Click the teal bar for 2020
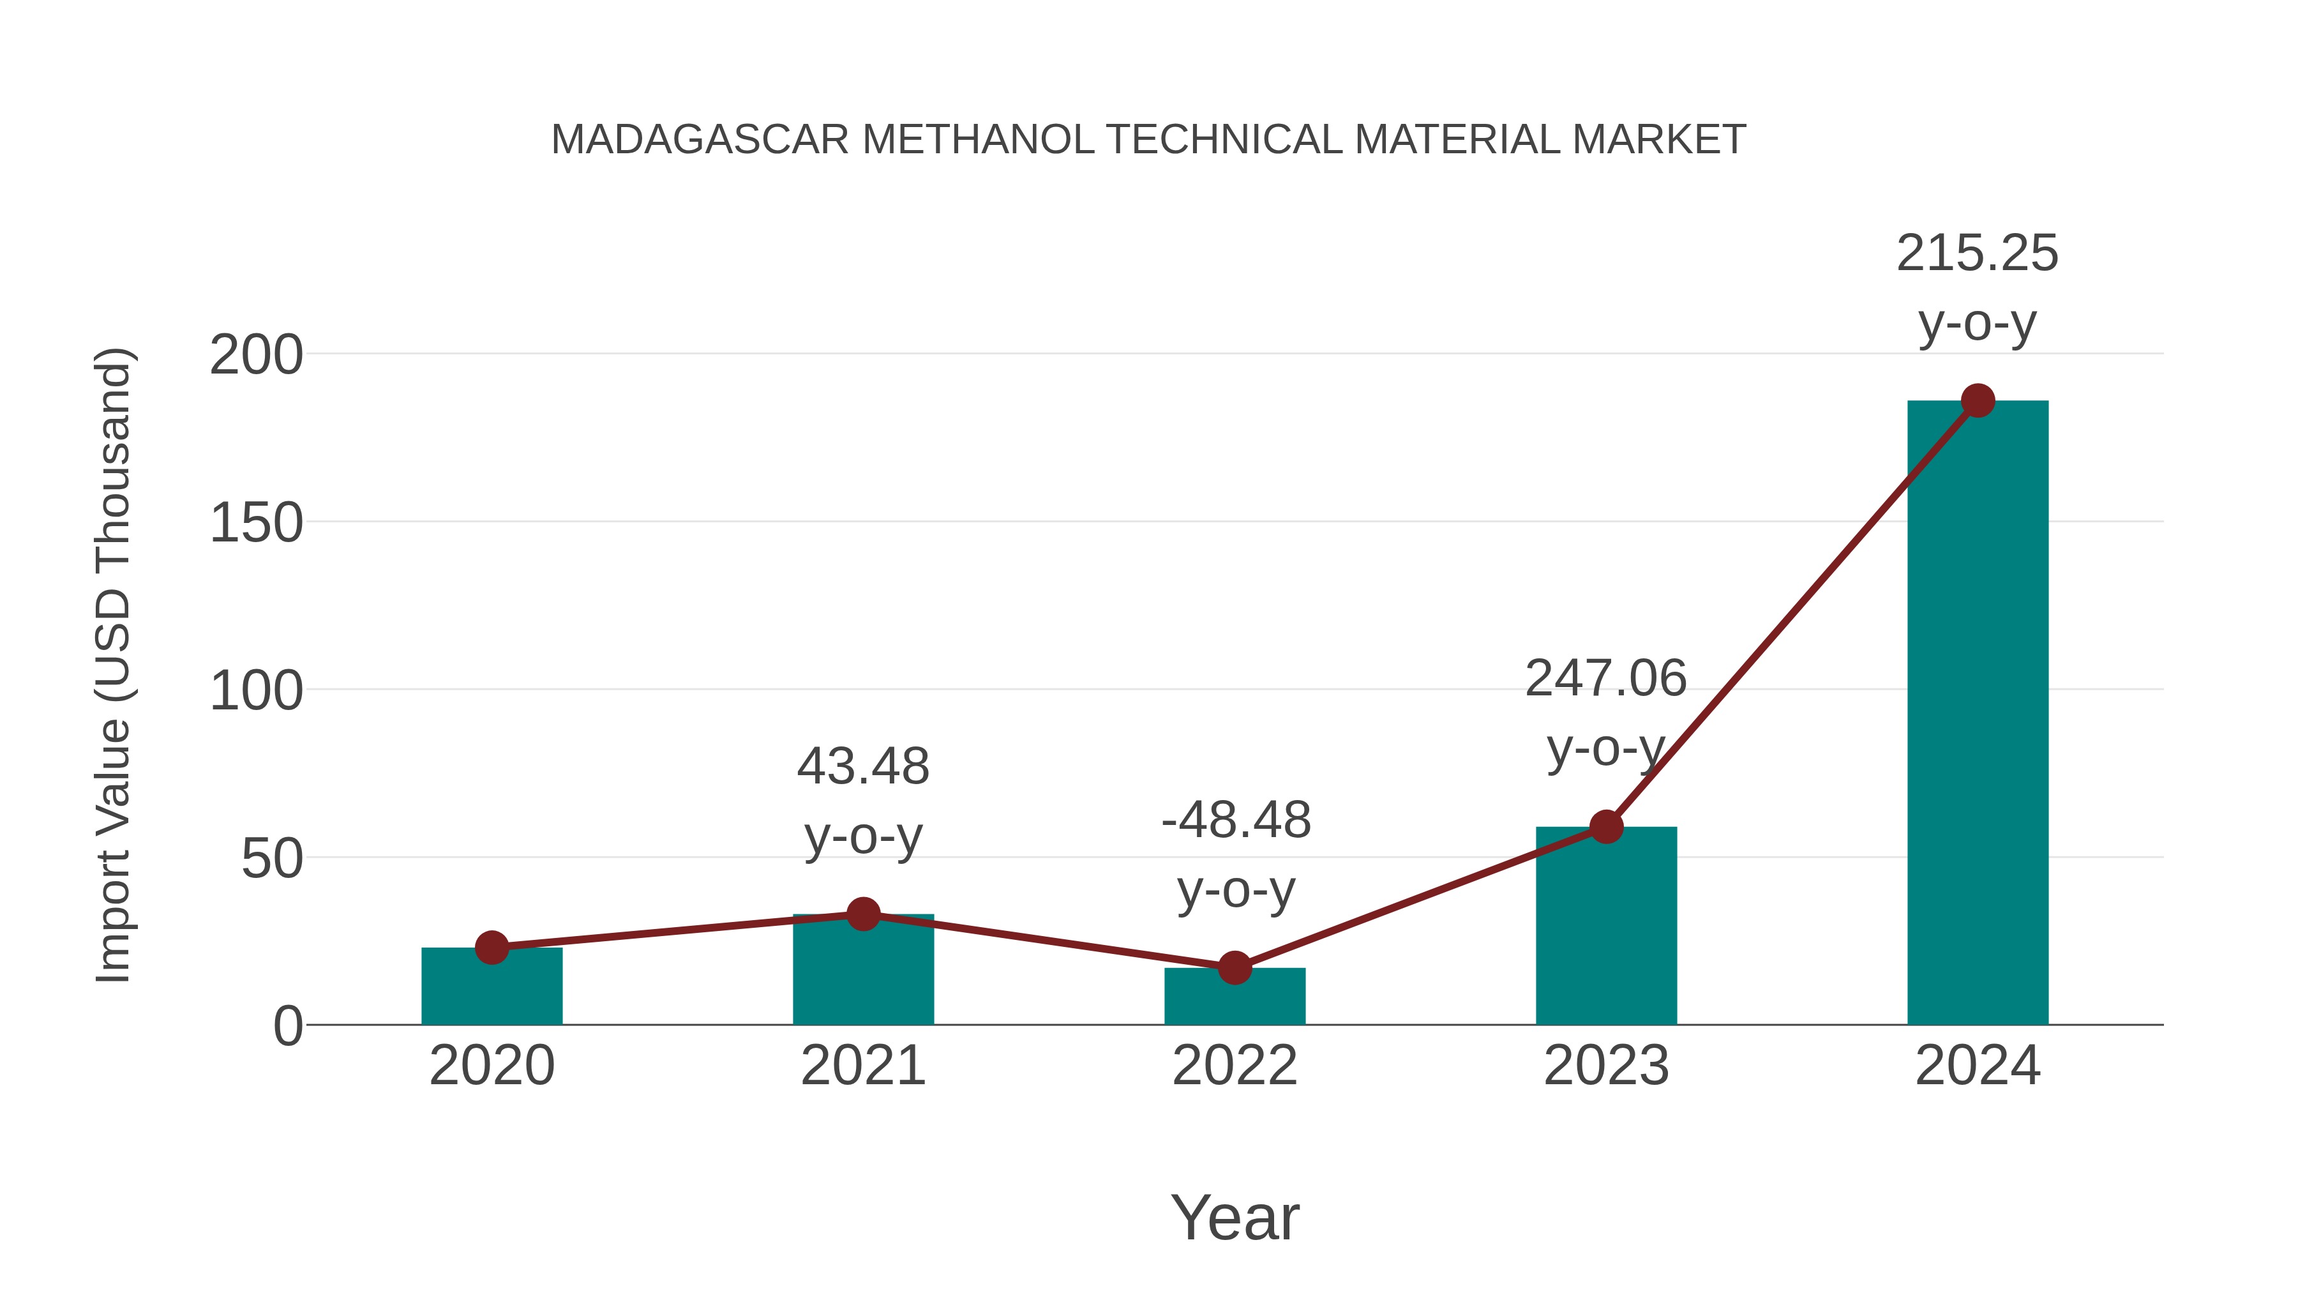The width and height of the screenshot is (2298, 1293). click(x=492, y=988)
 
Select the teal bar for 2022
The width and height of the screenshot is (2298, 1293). click(x=1235, y=997)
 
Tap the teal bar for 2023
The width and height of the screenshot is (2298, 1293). click(x=1606, y=928)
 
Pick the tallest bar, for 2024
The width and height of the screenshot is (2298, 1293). click(x=1978, y=714)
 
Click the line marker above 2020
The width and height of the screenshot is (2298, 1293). click(x=492, y=948)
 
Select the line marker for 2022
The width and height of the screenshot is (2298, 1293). click(x=1235, y=967)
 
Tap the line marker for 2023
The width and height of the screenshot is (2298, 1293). click(x=1606, y=827)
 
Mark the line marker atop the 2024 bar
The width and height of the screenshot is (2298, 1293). click(x=1978, y=400)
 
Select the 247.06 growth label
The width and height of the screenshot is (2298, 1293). click(x=1606, y=679)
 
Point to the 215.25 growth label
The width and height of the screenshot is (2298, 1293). click(x=1977, y=253)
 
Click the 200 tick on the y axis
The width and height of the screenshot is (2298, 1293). click(x=256, y=355)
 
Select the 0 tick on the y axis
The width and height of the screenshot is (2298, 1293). click(x=288, y=1026)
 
